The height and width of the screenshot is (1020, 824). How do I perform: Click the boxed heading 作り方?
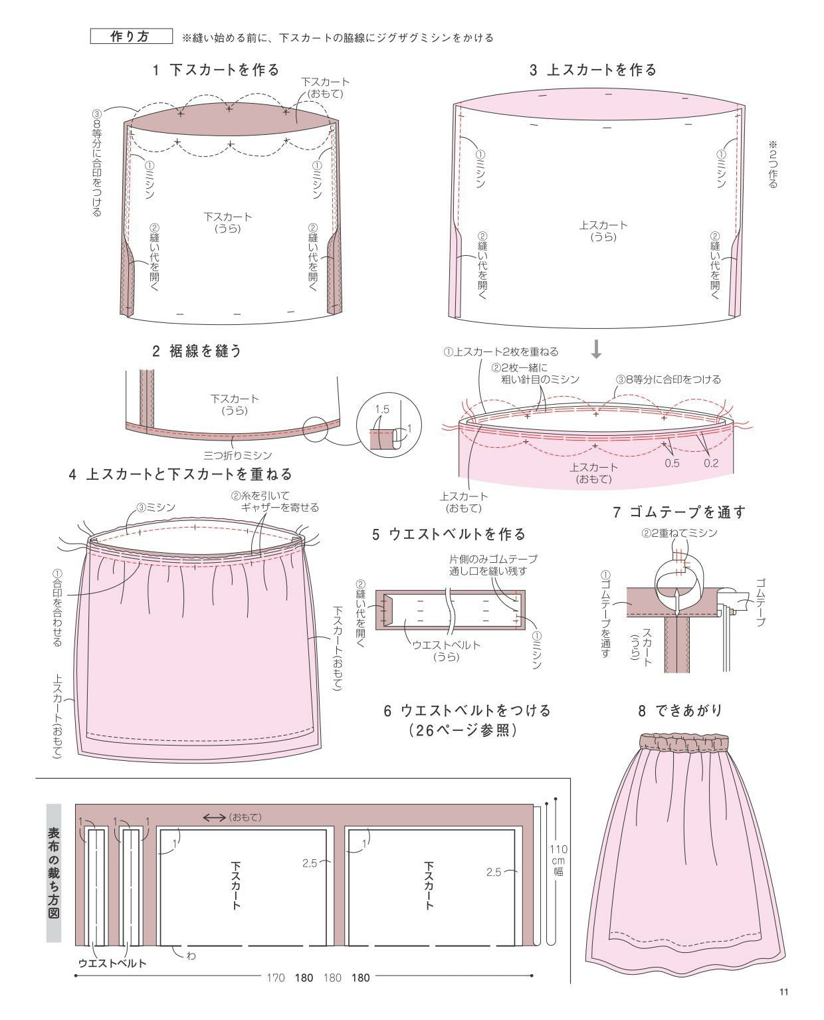(x=131, y=37)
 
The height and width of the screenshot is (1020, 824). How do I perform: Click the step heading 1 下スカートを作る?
(x=216, y=70)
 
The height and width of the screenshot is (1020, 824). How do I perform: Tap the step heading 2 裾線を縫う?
(x=197, y=351)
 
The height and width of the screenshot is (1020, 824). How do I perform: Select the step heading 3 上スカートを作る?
(x=593, y=70)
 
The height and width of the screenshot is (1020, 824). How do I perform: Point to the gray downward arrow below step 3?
(x=596, y=349)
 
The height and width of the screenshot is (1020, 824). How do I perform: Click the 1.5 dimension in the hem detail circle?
(x=381, y=409)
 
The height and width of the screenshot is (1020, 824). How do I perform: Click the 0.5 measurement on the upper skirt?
(x=672, y=463)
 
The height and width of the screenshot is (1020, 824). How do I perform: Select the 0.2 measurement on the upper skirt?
(x=711, y=463)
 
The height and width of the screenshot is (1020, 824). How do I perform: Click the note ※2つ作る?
(x=773, y=163)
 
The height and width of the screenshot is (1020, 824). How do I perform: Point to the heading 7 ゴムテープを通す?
(x=679, y=512)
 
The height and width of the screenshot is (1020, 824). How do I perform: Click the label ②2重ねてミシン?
(x=679, y=533)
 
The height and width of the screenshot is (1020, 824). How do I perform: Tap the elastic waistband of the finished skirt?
(x=684, y=742)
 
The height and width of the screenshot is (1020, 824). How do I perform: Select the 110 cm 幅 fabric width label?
(x=558, y=861)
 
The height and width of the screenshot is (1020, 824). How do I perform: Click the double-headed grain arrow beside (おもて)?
(x=214, y=817)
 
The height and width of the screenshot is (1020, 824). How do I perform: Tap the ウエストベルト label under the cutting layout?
(x=112, y=964)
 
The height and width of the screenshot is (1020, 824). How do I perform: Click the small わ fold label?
(x=191, y=956)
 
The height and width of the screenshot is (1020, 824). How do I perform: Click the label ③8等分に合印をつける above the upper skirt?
(x=668, y=379)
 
